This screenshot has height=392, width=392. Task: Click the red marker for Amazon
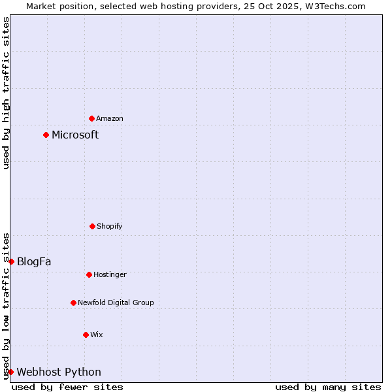pos(91,118)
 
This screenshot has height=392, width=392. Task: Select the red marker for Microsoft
pos(46,135)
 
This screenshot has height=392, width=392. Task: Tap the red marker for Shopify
pos(92,226)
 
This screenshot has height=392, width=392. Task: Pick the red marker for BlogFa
pos(11,261)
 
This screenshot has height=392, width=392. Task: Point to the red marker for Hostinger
pos(89,274)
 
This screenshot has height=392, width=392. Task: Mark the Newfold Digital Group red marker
pos(73,302)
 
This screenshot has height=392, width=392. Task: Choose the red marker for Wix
pos(86,335)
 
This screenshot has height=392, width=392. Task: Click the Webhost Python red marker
pos(10,372)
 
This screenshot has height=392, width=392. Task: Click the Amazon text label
pos(110,118)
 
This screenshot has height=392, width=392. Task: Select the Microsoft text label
pos(75,135)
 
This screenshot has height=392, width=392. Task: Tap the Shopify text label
pos(110,226)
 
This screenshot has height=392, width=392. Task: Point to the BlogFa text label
pos(34,261)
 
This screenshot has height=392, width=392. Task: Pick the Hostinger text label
pos(110,274)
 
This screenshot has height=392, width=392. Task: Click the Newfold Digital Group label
pos(116,302)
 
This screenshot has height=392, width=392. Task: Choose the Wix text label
pos(97,335)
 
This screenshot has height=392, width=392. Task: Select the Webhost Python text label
pos(59,372)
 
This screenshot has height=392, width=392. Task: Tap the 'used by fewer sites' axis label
pos(67,387)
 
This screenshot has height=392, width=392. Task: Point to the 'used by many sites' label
pos(328,387)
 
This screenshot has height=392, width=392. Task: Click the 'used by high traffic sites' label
pos(6,93)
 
